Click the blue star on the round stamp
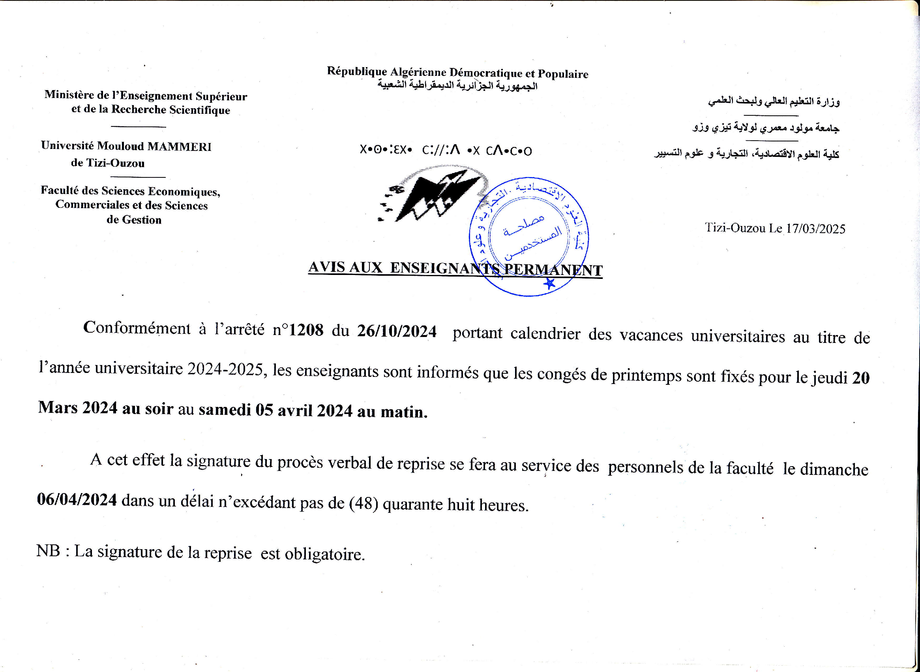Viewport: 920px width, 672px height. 549,283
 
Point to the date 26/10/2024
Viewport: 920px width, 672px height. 397,331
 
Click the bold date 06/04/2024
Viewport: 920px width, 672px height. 77,499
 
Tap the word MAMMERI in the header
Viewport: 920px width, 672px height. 179,147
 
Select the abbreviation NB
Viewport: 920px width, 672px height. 49,551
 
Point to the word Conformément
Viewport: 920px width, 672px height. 137,328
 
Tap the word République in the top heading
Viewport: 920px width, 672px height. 357,72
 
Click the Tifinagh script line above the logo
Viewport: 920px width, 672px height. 446,151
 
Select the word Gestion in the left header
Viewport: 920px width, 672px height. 142,220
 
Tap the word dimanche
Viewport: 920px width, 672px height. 834,470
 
